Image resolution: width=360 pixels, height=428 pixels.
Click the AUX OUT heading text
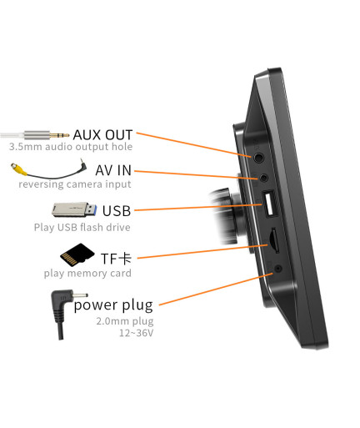(x=102, y=135)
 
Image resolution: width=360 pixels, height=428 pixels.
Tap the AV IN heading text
(x=113, y=170)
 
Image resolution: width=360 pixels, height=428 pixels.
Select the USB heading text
(x=117, y=211)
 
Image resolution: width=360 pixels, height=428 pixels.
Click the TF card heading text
(x=116, y=259)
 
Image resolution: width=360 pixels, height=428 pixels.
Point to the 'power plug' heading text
(x=113, y=305)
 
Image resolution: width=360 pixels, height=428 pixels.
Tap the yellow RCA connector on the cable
(x=19, y=169)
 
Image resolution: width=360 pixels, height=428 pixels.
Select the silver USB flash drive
(x=74, y=209)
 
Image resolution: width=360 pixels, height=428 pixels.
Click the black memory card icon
(x=77, y=254)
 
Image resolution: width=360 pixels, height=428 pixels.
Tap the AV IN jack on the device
(x=263, y=177)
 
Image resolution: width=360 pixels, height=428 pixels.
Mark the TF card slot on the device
(x=274, y=240)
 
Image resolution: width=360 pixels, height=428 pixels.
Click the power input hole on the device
(x=278, y=269)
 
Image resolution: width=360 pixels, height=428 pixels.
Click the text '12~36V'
(x=136, y=333)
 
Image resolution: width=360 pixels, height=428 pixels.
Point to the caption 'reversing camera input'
(x=75, y=184)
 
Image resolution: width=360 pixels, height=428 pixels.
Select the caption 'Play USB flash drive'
(x=82, y=228)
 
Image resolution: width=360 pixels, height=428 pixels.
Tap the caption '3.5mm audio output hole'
(x=71, y=147)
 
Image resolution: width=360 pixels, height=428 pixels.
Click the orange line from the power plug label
(x=216, y=290)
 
